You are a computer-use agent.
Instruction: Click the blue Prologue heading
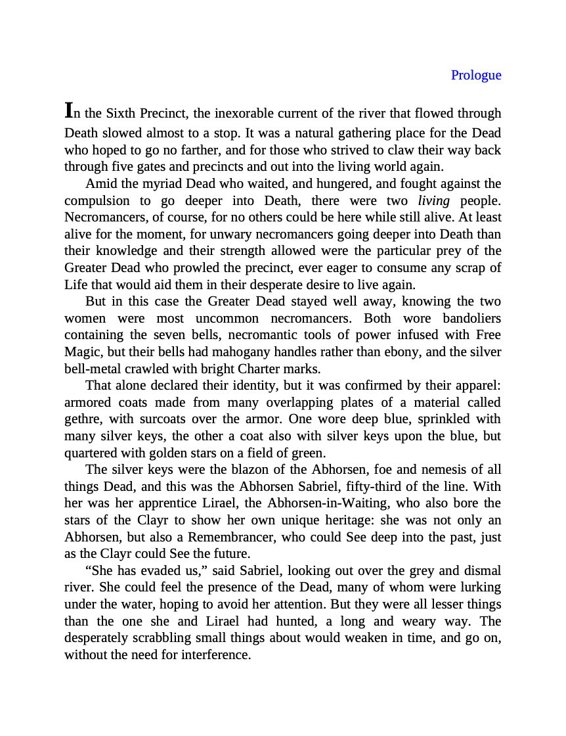click(475, 76)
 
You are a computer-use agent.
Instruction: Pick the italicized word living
click(433, 200)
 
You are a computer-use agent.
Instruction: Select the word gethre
click(82, 419)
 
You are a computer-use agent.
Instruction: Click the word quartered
click(91, 453)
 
